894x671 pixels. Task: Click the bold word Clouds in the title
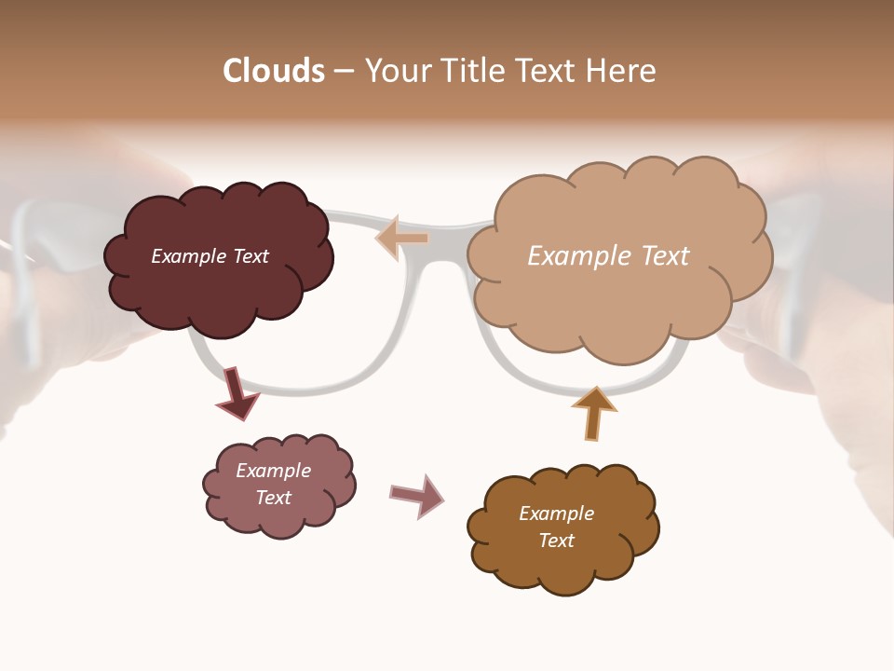(274, 71)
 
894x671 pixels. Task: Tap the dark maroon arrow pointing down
(236, 394)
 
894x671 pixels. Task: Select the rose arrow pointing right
(416, 495)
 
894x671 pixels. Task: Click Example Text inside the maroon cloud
(210, 256)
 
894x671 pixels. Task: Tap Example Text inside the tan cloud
(608, 256)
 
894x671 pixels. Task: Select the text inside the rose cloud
(273, 484)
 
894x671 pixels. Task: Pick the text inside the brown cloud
(556, 527)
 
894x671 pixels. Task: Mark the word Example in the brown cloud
(556, 514)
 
